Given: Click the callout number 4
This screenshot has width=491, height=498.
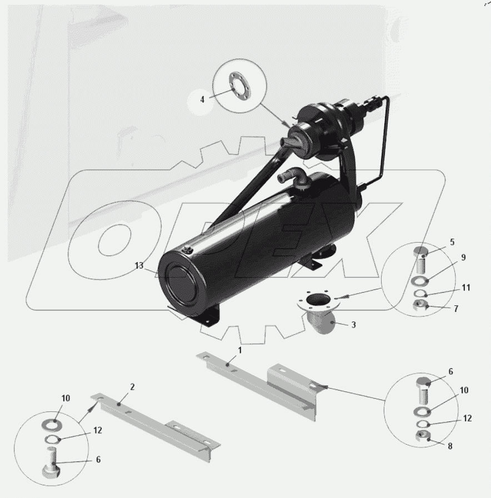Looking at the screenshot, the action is coord(202,99).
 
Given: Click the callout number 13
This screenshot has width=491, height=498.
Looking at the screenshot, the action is coord(139,265).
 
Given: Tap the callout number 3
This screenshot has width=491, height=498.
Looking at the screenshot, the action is coord(353,325).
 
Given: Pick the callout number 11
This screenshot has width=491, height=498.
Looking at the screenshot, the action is coord(466,288).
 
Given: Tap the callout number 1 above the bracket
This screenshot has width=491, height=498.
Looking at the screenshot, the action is coord(240,350).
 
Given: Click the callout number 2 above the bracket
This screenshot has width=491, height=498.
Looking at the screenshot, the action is coord(132,387).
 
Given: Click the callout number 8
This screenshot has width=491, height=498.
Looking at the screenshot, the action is coord(450,446).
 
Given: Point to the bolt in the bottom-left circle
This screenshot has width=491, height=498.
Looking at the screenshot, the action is coord(51,462).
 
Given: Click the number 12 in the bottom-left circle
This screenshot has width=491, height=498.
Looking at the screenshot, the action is coord(98,430).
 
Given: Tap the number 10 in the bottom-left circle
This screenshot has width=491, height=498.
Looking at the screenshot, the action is coord(66,398).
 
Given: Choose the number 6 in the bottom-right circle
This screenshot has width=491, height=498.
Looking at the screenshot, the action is coord(450,371).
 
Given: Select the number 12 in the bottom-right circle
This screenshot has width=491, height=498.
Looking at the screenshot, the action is coord(467,418).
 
